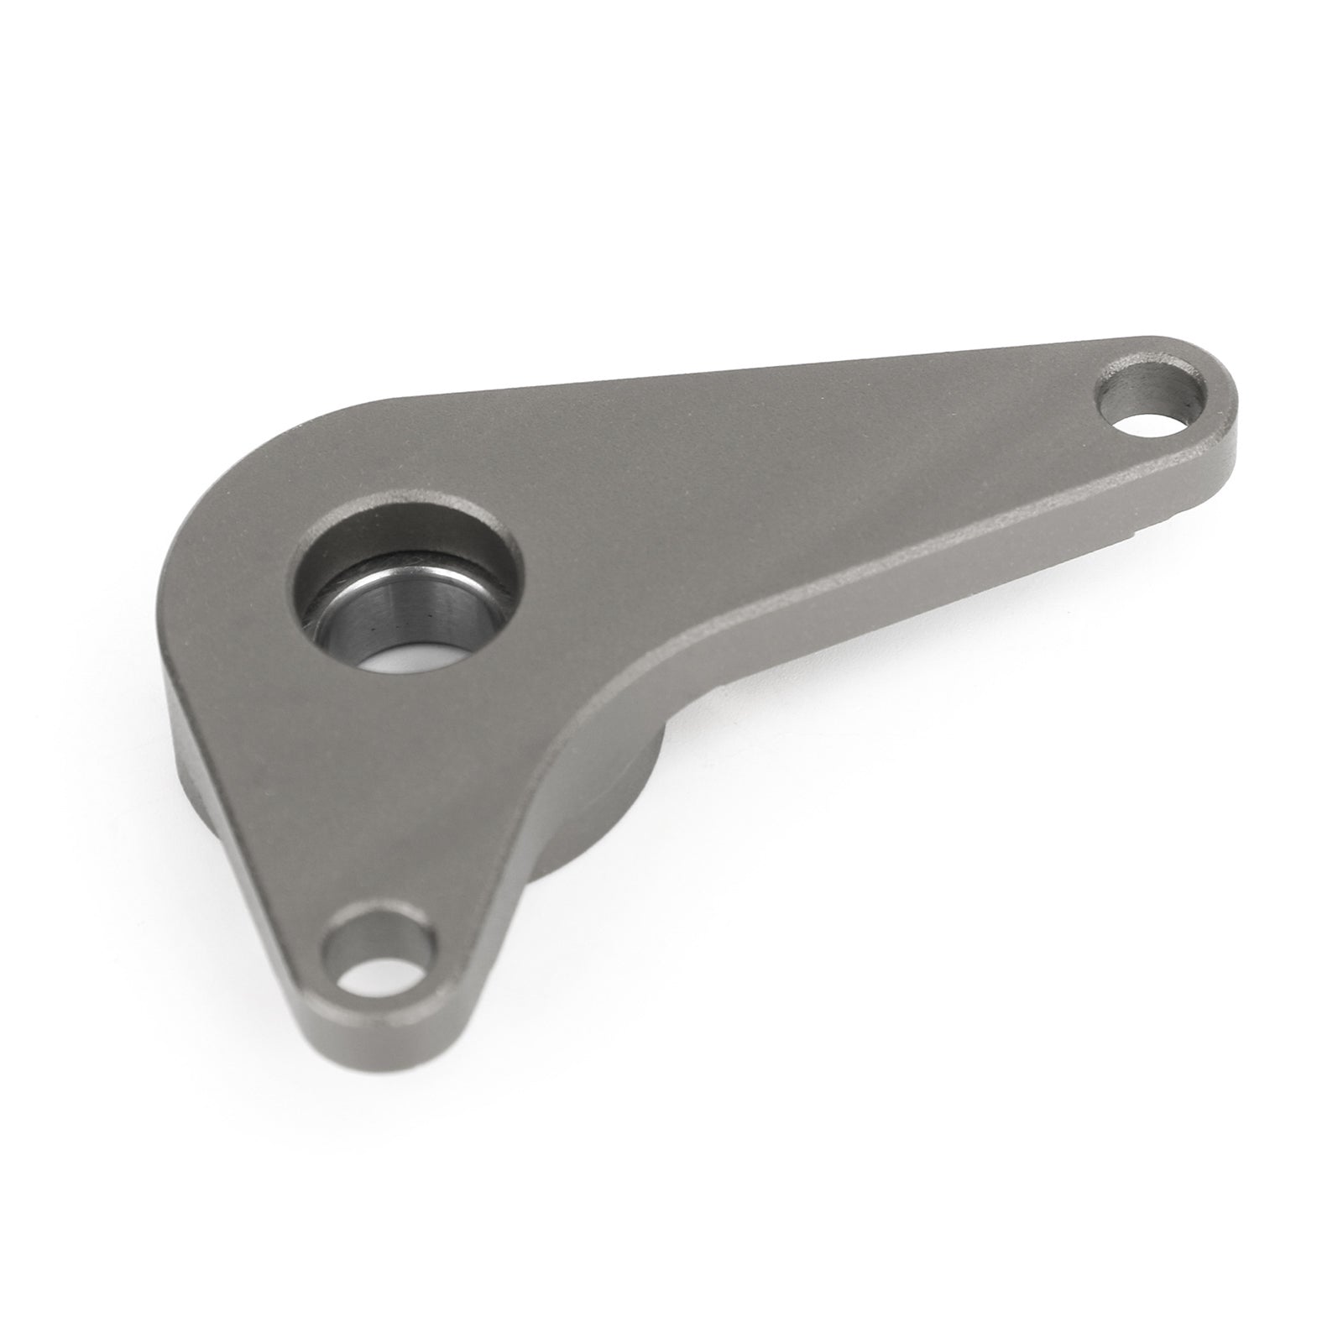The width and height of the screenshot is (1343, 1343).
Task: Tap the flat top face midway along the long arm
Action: [797, 470]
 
